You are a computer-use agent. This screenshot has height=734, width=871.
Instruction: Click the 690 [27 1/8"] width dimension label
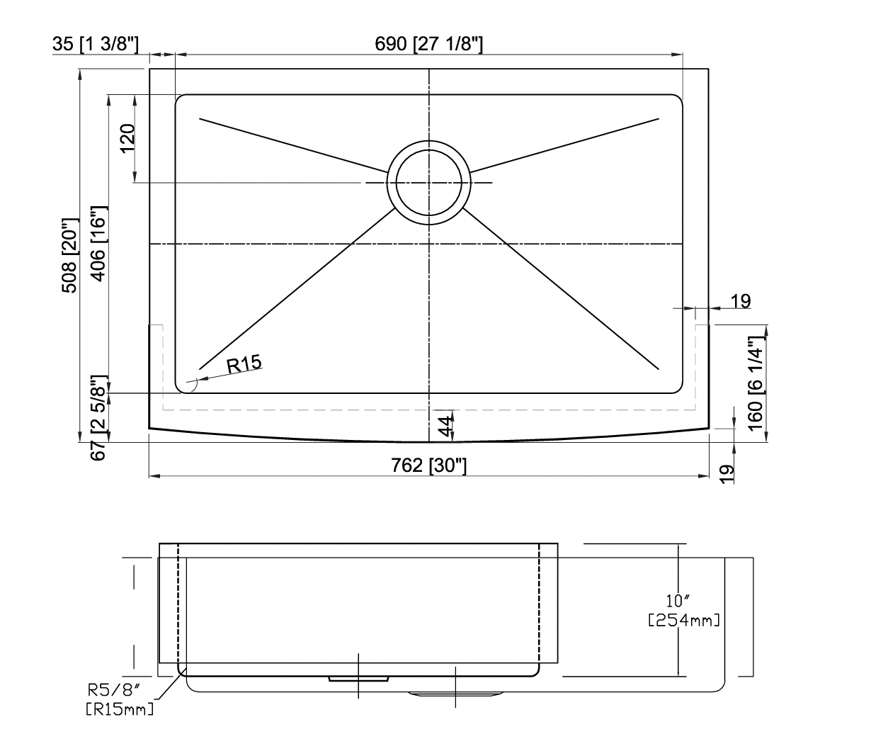[x=428, y=44]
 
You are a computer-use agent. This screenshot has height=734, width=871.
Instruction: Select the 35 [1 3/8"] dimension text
[x=96, y=44]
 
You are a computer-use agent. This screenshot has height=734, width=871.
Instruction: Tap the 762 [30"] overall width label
[x=428, y=465]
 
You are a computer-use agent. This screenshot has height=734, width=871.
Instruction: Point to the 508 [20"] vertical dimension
[x=69, y=255]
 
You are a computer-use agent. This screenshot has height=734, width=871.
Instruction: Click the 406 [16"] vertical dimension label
[x=98, y=244]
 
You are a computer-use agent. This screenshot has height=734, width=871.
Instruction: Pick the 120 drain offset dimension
[x=127, y=139]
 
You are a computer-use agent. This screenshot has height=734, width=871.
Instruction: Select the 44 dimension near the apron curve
[x=446, y=426]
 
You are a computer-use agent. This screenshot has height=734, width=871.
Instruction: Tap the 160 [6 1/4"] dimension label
[x=755, y=383]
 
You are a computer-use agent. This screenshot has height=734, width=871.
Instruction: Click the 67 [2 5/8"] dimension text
[x=98, y=418]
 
